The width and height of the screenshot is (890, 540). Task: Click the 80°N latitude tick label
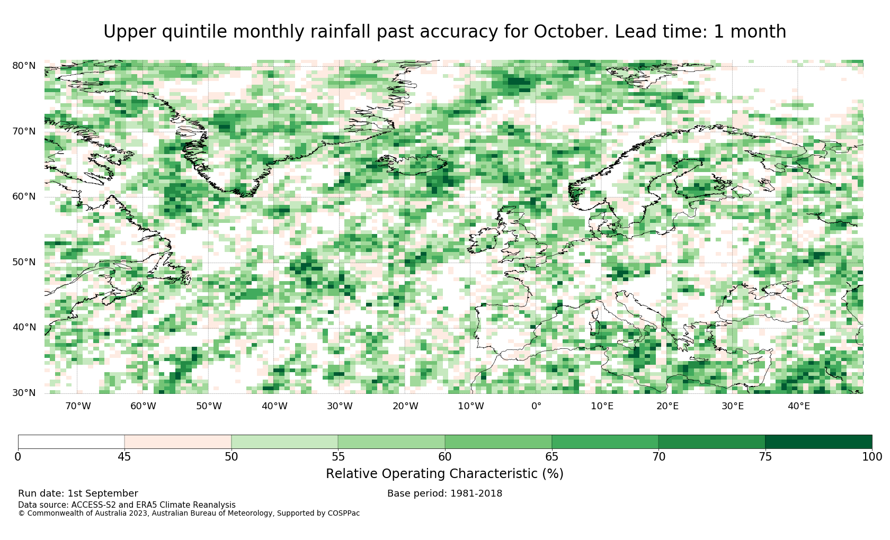click(x=24, y=66)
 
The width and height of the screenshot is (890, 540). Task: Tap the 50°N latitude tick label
click(x=24, y=262)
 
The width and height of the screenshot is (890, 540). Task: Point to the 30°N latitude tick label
click(x=24, y=393)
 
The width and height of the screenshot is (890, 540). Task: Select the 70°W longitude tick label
click(x=78, y=406)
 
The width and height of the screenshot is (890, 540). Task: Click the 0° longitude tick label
click(x=536, y=406)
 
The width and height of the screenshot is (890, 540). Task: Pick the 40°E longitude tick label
click(x=799, y=406)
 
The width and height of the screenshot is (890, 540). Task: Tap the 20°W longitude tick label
click(x=406, y=406)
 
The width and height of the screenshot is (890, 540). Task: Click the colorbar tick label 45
click(x=124, y=457)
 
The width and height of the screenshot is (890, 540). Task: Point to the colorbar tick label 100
click(x=872, y=457)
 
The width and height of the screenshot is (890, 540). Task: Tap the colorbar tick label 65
click(x=551, y=457)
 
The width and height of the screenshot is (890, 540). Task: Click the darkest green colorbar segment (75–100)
click(x=818, y=442)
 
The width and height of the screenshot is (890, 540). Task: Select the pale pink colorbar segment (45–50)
click(x=178, y=442)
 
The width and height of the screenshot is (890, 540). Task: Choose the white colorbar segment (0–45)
click(x=72, y=442)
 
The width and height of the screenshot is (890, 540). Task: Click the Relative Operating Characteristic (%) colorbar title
click(x=444, y=474)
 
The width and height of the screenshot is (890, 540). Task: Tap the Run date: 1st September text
click(x=78, y=493)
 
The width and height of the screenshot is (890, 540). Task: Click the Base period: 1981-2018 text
click(x=444, y=493)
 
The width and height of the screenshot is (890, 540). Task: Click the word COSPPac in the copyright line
click(x=343, y=513)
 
